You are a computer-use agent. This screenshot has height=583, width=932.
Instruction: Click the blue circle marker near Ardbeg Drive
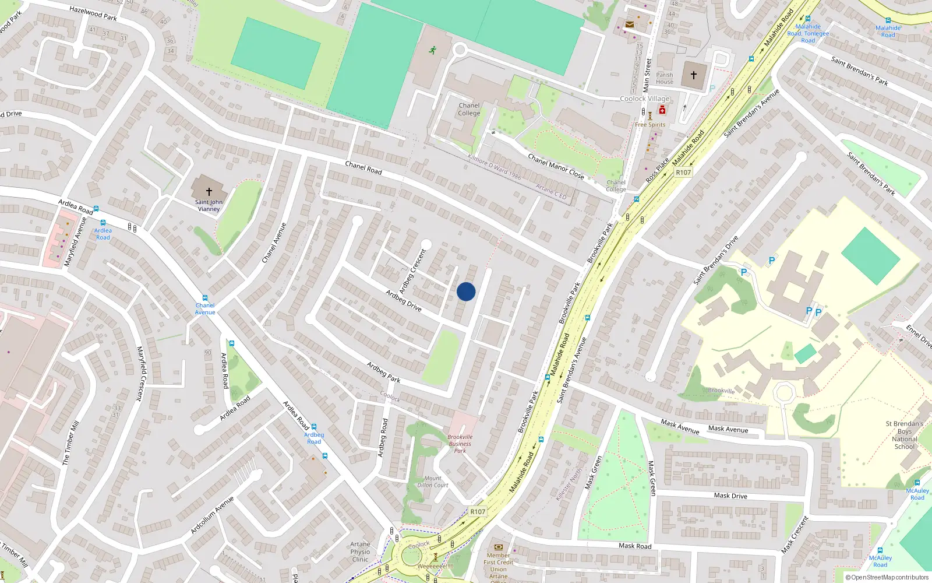tap(466, 291)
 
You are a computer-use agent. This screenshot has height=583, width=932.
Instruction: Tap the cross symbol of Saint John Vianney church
tap(209, 191)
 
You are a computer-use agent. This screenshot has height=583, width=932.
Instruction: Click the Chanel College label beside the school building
tap(469, 110)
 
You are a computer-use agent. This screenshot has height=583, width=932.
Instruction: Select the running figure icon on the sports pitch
tap(432, 51)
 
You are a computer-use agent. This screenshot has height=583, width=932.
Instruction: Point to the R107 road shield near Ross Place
tap(683, 173)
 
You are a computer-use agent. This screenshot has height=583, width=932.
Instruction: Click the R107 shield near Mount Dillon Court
tap(478, 512)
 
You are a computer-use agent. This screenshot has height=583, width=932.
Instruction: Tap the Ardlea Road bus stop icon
tap(103, 223)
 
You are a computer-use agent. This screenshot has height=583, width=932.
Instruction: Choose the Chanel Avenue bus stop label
tap(205, 309)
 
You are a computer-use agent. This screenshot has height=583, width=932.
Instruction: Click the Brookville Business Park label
tap(460, 444)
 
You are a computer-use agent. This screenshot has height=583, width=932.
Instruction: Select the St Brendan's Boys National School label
tap(904, 435)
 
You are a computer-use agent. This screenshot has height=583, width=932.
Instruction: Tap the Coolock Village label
tap(644, 99)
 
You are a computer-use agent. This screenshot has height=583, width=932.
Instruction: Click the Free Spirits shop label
tap(650, 125)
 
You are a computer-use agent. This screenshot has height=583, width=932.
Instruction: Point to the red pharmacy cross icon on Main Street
tap(662, 110)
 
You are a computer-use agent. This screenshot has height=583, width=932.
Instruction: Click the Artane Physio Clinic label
tap(360, 552)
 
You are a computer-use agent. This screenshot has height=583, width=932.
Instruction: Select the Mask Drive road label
tap(730, 496)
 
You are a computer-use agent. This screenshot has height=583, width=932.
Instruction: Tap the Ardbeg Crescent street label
tap(413, 271)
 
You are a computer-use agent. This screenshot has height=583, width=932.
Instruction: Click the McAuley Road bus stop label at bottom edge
tap(880, 561)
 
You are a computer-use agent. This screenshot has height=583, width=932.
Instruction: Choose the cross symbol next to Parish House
tap(694, 75)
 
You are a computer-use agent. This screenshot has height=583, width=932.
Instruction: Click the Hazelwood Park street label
tap(93, 13)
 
